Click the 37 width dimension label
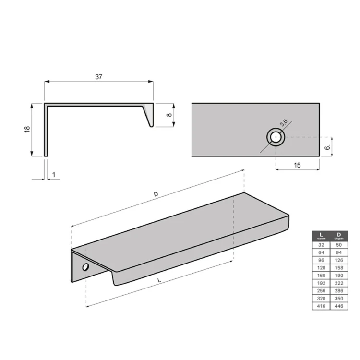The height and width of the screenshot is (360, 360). pos(99,77)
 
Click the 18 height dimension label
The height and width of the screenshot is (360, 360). pos(27,129)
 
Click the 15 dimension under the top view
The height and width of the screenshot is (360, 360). pos(297,165)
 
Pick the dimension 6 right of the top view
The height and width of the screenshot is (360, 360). pos(327,148)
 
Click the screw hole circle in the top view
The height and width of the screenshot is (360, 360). pos(276,137)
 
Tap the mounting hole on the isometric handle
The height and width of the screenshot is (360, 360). pos(85,267)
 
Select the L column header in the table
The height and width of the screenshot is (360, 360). pos(321,235)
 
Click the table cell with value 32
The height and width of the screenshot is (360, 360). pos(321,244)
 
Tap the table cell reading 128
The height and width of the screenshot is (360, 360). pos(321,267)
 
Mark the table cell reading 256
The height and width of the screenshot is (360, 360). pos(321,290)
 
